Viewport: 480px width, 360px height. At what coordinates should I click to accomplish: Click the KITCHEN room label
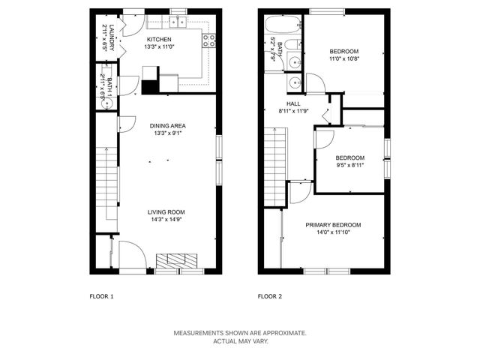click(x=159, y=40)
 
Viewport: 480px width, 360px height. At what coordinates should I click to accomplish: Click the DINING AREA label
click(x=167, y=125)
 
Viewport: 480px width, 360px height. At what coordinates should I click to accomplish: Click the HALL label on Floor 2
click(x=293, y=103)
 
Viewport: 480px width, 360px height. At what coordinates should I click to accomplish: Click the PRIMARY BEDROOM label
click(x=333, y=225)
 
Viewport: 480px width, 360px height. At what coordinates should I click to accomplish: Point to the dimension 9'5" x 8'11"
click(x=349, y=166)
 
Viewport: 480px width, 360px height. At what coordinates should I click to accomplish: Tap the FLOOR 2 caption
click(x=269, y=296)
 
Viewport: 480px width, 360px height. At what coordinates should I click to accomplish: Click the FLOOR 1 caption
click(x=101, y=296)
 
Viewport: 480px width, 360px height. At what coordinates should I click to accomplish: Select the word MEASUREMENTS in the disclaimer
click(x=199, y=332)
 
